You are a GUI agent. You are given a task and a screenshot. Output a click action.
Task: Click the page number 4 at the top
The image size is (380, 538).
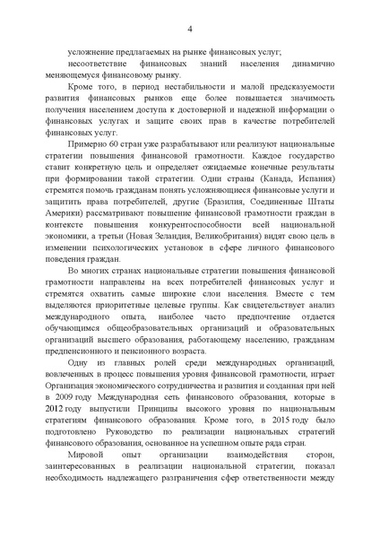pos(190,31)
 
